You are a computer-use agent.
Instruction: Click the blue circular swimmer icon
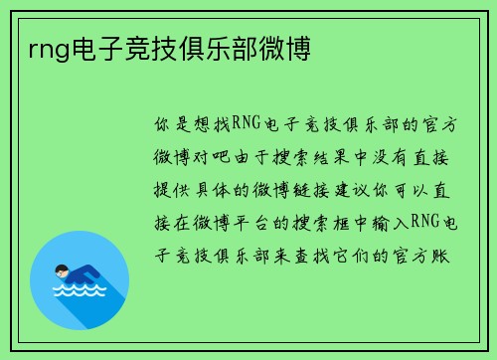click(x=81, y=279)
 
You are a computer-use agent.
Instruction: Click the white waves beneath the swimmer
click(x=81, y=293)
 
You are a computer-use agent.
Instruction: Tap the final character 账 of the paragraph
click(x=447, y=255)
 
